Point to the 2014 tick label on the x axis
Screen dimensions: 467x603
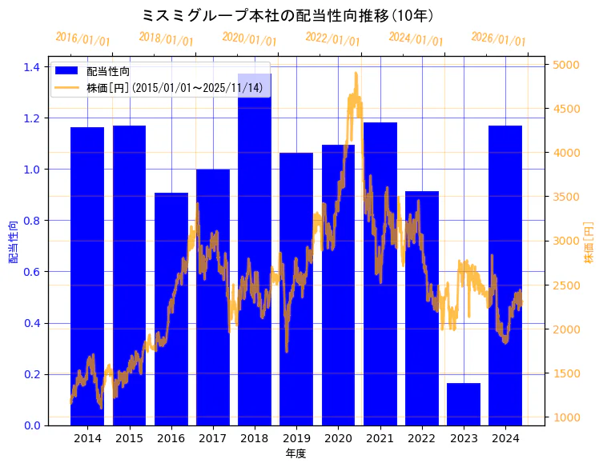pyautogui.click(x=87, y=438)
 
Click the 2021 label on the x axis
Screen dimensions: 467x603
pyautogui.click(x=380, y=438)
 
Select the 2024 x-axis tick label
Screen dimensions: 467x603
pyautogui.click(x=505, y=438)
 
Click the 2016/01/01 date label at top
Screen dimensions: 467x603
pyautogui.click(x=82, y=39)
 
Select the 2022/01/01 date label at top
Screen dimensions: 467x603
pyautogui.click(x=332, y=39)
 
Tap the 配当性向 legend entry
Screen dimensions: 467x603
pyautogui.click(x=109, y=72)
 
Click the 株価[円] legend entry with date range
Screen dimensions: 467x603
pyautogui.click(x=175, y=87)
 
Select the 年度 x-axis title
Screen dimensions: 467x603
pyautogui.click(x=296, y=453)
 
